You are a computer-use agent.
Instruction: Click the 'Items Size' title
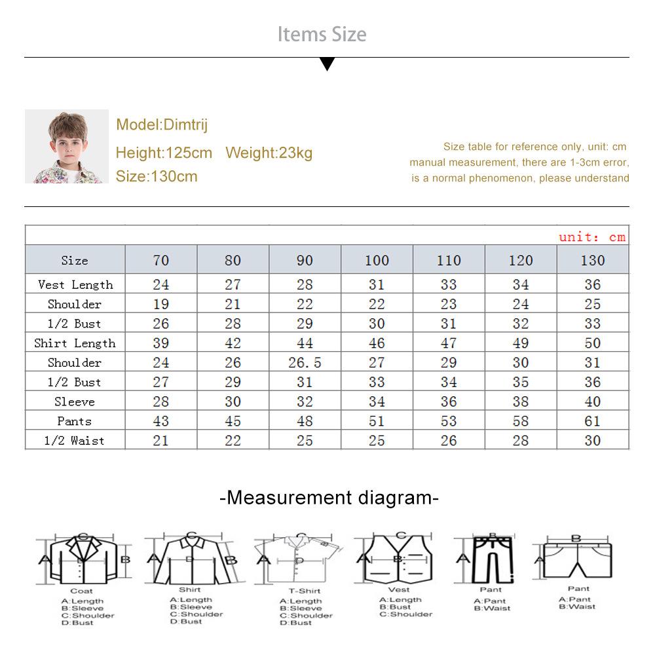pyautogui.click(x=322, y=34)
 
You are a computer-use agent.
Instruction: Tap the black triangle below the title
pyautogui.click(x=327, y=64)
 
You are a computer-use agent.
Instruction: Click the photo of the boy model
pyautogui.click(x=66, y=147)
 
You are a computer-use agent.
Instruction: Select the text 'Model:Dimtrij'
pyautogui.click(x=162, y=124)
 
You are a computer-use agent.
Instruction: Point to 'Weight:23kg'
pyautogui.click(x=269, y=153)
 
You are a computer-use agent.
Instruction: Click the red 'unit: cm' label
pyautogui.click(x=592, y=237)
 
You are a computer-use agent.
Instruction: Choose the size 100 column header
pyautogui.click(x=377, y=260)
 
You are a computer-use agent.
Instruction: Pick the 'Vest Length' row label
pyautogui.click(x=75, y=284)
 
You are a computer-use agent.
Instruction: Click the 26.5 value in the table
pyautogui.click(x=305, y=362)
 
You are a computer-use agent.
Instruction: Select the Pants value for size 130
pyautogui.click(x=592, y=421)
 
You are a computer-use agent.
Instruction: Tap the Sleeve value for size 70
pyautogui.click(x=160, y=402)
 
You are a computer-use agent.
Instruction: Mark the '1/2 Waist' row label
pyautogui.click(x=74, y=441)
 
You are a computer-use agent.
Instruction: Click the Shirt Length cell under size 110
pyautogui.click(x=449, y=343)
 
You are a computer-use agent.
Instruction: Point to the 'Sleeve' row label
pyautogui.click(x=75, y=402)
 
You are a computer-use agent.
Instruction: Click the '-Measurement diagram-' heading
pyautogui.click(x=329, y=498)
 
